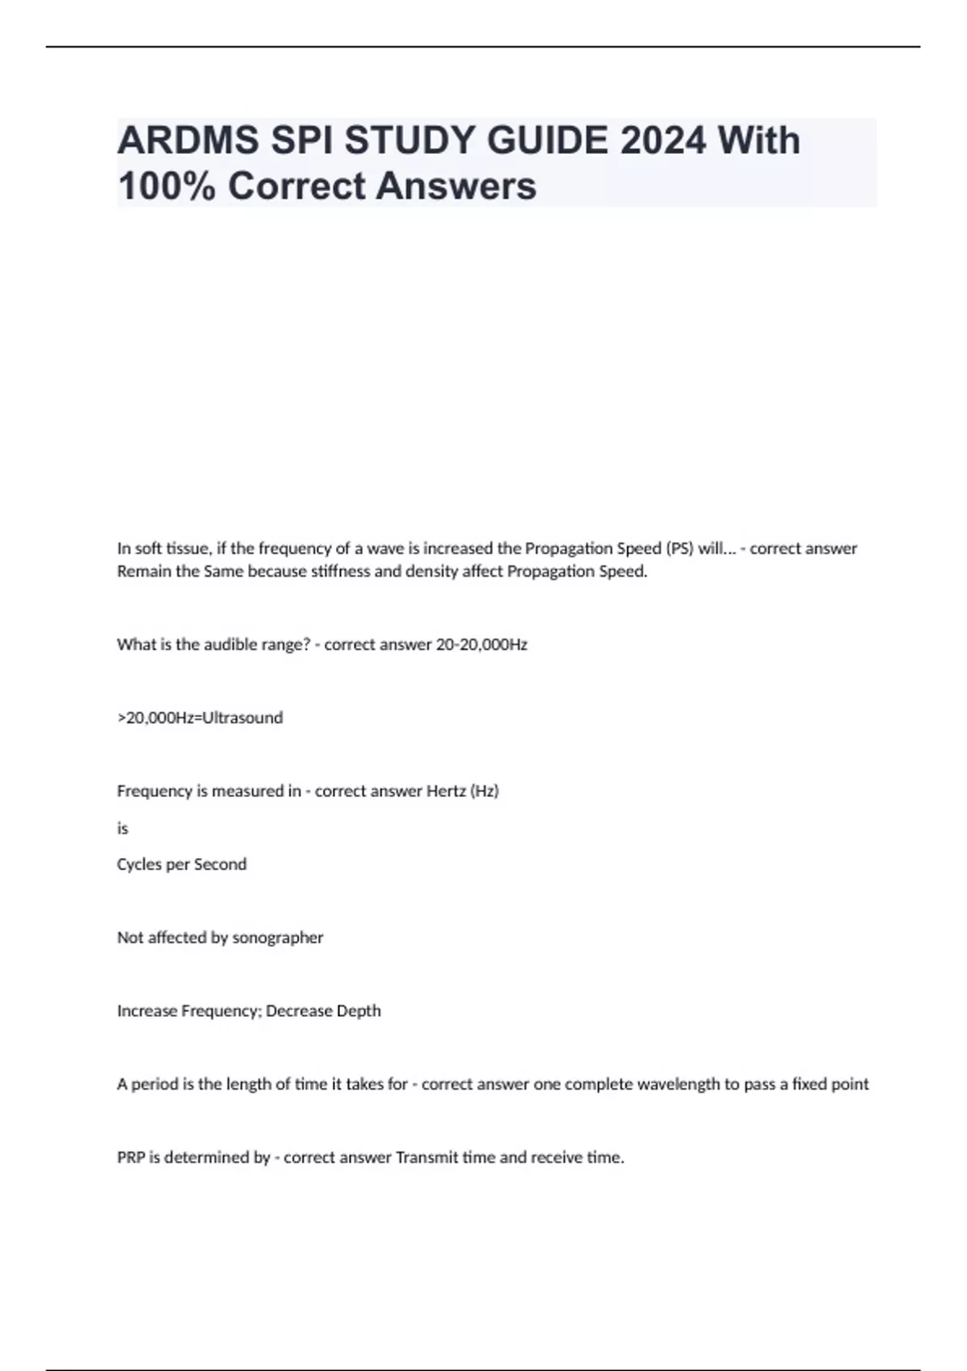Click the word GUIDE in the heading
548,141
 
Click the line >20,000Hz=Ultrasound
200,718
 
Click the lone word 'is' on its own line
122,828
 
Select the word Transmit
425,1158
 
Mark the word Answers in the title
456,186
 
